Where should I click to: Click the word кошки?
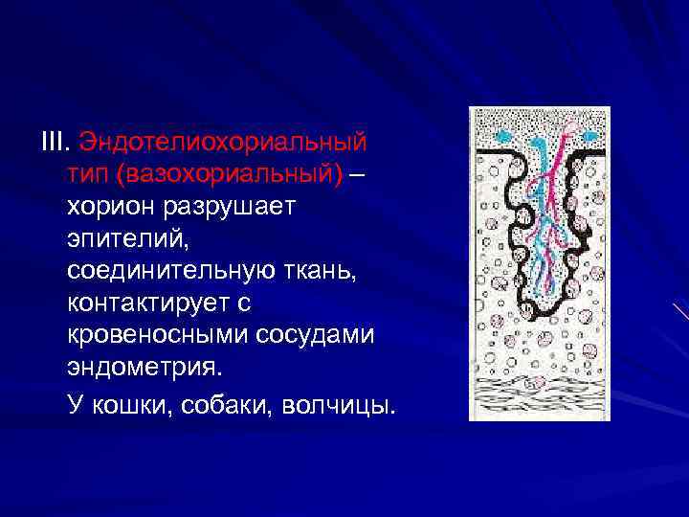pos(126,406)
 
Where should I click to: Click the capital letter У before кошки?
pos(75,406)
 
